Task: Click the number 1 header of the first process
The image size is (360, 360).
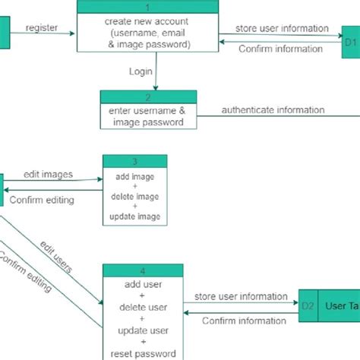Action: click(x=147, y=7)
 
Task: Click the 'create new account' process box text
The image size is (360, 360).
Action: click(x=147, y=33)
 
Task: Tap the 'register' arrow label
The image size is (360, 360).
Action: click(x=42, y=27)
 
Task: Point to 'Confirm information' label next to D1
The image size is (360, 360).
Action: click(x=280, y=49)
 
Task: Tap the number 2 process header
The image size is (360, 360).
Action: click(x=148, y=96)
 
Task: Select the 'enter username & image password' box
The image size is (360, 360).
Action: click(x=148, y=116)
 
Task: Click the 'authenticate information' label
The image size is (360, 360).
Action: click(x=273, y=110)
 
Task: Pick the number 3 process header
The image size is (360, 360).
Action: click(x=134, y=161)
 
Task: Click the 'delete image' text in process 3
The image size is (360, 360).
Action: click(x=134, y=197)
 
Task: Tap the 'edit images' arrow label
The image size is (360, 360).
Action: click(x=49, y=174)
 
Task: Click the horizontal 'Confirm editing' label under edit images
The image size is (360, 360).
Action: click(x=42, y=201)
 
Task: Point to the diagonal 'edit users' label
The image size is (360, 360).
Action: click(x=57, y=258)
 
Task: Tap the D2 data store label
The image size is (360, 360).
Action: click(x=308, y=306)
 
